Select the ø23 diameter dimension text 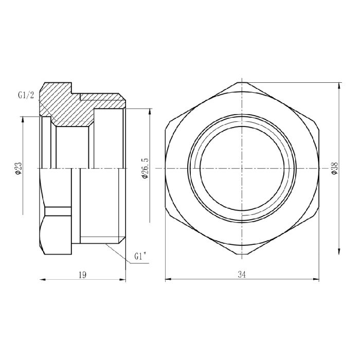(x=19, y=168)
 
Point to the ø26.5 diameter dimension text (x=145, y=168)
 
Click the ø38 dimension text (x=334, y=168)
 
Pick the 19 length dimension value (x=82, y=275)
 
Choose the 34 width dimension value (x=242, y=275)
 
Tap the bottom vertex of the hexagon (x=241, y=256)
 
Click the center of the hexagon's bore (x=241, y=168)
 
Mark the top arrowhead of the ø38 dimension (x=338, y=84)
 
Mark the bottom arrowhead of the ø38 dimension (x=338, y=252)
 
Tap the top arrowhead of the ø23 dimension (x=23, y=120)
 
